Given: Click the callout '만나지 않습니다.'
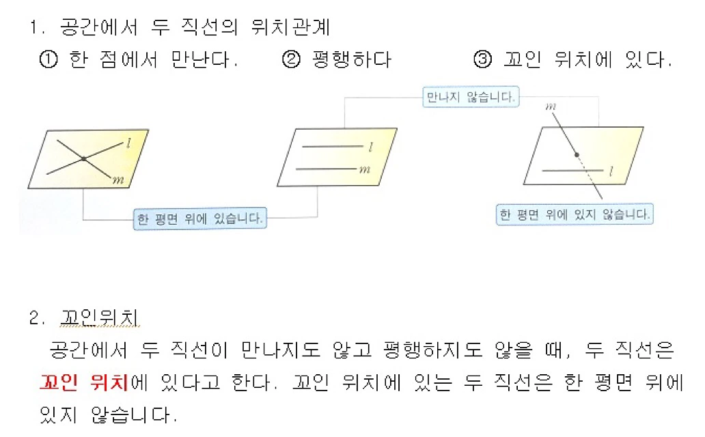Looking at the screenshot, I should pos(470,98).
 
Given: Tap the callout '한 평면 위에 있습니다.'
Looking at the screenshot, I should pos(200,219).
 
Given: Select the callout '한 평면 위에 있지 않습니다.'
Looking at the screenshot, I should pos(574,214).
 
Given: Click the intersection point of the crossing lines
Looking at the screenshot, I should pos(83,159).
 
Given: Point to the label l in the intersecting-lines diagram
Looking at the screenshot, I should pos(129,143).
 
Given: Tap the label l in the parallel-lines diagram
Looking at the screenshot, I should pos(370,147).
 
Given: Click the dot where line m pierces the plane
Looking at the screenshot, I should pos(576,154).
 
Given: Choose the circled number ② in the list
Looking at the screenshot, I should pos(290,60).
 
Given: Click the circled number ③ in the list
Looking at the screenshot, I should pos(482,60).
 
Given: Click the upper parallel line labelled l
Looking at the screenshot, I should pos(332,146).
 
